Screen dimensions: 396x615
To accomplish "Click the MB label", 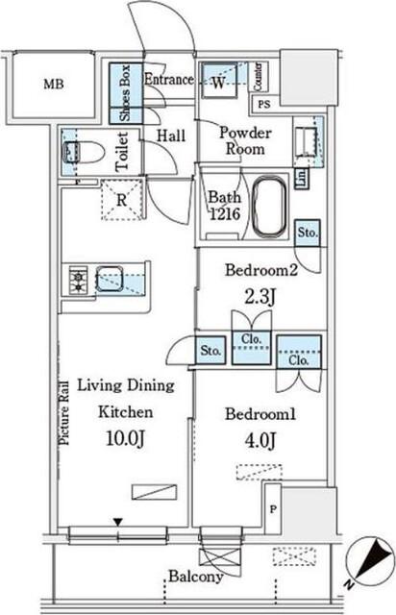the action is pos(54,84).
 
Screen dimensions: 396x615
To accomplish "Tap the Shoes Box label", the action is pos(125,93).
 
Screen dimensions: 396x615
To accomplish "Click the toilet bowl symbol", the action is pos(84,152).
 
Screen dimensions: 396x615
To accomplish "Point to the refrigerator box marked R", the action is pos(122,200).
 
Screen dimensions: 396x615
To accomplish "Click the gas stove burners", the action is pos(78,280).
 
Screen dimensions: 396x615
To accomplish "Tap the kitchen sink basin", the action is pos(110,279).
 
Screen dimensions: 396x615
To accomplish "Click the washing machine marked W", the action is pos(219,81).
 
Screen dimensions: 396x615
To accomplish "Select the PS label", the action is pos(264,105).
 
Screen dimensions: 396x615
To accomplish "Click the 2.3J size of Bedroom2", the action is pos(260,297).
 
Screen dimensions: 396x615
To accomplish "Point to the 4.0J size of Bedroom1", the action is pos(260,440).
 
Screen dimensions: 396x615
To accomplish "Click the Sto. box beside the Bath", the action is pos(308,233).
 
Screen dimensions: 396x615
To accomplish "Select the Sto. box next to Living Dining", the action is pos(210,350).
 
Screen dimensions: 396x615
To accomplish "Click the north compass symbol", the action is pos(370,562).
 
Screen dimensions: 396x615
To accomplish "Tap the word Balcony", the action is pos(196,577).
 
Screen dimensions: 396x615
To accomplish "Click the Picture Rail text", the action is pos(64,412).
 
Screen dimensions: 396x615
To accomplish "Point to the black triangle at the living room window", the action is pos(118,522).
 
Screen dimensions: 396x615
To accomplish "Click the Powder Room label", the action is pos(245,141).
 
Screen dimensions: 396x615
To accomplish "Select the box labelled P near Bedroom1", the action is pos(273,509).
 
